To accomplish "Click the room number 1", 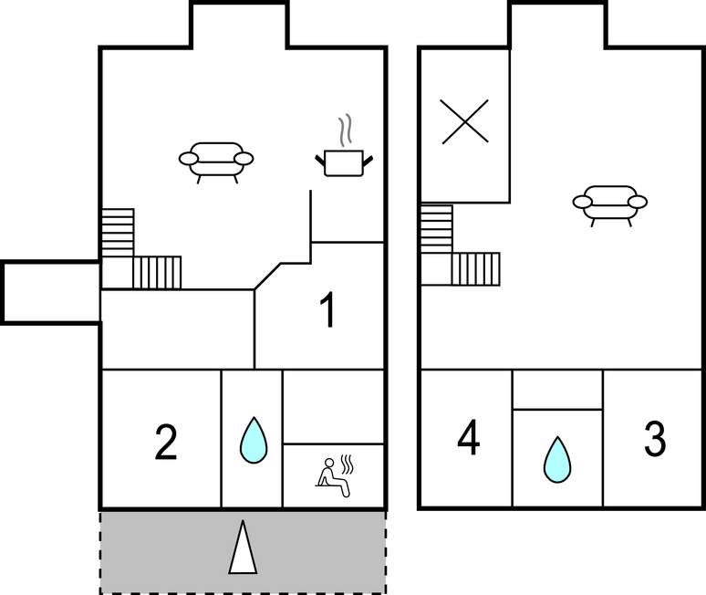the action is (x=328, y=310).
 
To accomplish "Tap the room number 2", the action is (x=166, y=443).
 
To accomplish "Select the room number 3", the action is (x=655, y=438).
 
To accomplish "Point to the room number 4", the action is (x=468, y=437).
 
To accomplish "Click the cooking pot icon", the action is (x=344, y=162).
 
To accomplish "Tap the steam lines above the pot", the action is (x=345, y=130).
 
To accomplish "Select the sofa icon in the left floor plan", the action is (x=216, y=162).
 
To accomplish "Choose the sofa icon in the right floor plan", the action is (x=610, y=205).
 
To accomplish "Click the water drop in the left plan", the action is (x=254, y=440).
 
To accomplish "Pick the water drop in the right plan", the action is (x=557, y=459).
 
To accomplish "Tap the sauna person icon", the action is (x=334, y=476).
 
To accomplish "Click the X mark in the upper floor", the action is (x=465, y=121).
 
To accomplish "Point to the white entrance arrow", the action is (x=243, y=548).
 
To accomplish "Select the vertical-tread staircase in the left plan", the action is (x=157, y=273).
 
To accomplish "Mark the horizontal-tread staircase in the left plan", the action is (x=118, y=233).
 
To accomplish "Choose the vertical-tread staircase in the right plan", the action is (x=475, y=269).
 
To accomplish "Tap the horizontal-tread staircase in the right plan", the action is (x=436, y=229).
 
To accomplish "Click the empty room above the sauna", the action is (x=333, y=407).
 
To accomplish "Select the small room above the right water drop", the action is (x=557, y=390).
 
